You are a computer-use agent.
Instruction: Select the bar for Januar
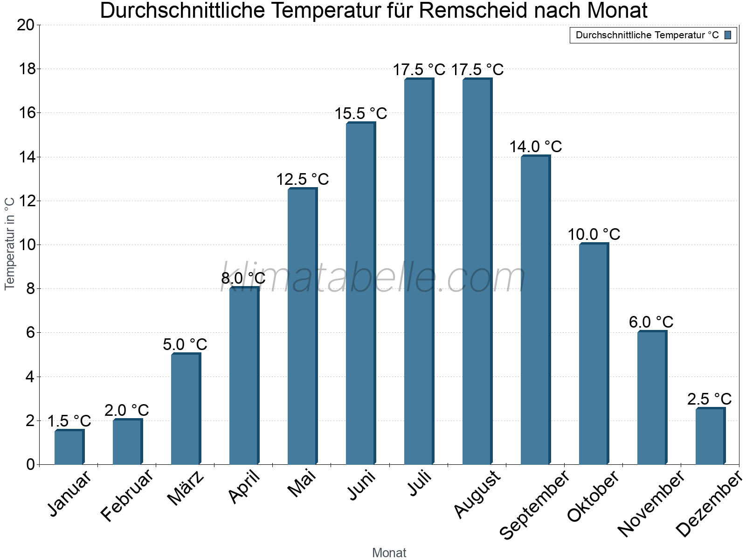pyautogui.click(x=69, y=447)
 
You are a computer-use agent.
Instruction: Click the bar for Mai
pyautogui.click(x=302, y=327)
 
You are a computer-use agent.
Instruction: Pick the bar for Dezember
pyautogui.click(x=710, y=436)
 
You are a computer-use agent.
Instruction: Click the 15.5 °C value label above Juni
pyautogui.click(x=360, y=113)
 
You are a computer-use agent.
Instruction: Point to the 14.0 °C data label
pyautogui.click(x=535, y=147)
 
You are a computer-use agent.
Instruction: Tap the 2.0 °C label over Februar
pyautogui.click(x=126, y=410)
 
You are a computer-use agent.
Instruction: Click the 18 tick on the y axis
pyautogui.click(x=27, y=69)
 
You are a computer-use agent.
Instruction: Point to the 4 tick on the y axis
pyautogui.click(x=30, y=377)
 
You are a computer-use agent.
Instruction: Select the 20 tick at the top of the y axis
pyautogui.click(x=26, y=25)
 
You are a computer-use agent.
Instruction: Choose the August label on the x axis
pyautogui.click(x=477, y=495)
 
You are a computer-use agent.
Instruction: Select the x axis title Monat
pyautogui.click(x=389, y=553)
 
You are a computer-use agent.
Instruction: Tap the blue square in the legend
pyautogui.click(x=728, y=35)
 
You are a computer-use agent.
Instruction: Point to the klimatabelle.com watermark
pyautogui.click(x=373, y=278)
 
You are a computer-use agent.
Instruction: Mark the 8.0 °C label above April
pyautogui.click(x=243, y=278)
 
